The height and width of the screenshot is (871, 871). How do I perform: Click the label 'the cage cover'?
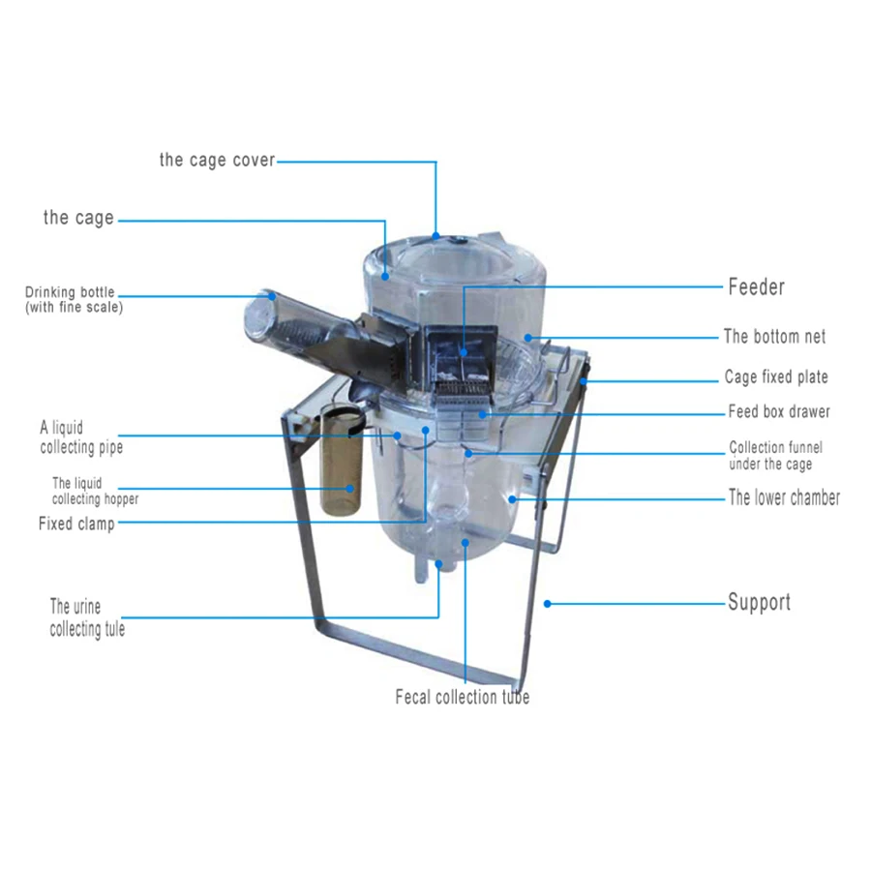tap(217, 160)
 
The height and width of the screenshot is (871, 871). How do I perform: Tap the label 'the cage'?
tap(78, 218)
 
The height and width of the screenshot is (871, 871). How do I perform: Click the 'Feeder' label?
tap(756, 286)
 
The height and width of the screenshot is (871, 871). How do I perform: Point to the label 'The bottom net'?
tap(774, 337)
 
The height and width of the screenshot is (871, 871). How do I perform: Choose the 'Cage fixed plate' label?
tap(776, 377)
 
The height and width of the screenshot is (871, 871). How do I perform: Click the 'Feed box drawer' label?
tap(779, 411)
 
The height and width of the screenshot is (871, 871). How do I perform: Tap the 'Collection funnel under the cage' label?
tap(776, 456)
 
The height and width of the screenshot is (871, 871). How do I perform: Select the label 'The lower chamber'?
tap(784, 497)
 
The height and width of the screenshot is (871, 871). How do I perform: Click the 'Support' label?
tap(759, 602)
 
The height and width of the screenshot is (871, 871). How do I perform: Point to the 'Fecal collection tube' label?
tap(462, 697)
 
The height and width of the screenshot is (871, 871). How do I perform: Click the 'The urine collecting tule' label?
tap(87, 617)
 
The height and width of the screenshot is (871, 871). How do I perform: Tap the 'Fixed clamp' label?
tap(76, 524)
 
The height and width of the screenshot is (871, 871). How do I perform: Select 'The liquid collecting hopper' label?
tap(95, 491)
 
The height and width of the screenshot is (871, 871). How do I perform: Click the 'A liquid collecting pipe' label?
tap(81, 436)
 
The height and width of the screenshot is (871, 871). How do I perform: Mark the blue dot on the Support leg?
tap(547, 603)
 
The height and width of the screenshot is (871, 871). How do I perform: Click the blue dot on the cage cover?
tap(436, 234)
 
